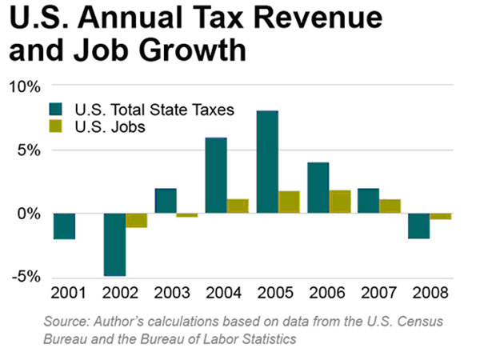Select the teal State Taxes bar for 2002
(x=114, y=245)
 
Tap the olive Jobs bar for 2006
(x=339, y=202)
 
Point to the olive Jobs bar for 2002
(x=137, y=220)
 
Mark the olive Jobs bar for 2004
(x=238, y=206)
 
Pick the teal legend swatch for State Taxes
(x=58, y=110)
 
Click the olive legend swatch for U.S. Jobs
(x=58, y=126)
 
